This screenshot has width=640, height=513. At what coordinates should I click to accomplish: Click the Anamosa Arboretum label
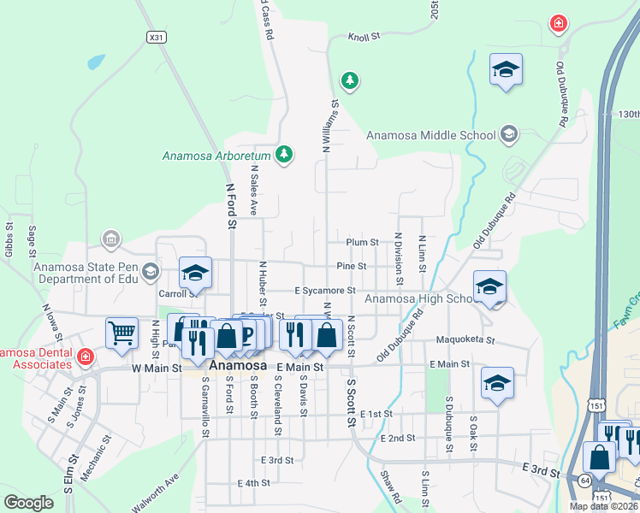click(x=217, y=156)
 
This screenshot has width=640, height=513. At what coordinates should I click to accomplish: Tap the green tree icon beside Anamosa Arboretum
click(x=285, y=155)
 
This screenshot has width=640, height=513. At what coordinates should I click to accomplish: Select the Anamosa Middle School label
click(x=430, y=134)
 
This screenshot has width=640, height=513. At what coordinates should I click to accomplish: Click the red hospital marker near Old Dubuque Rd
click(x=558, y=24)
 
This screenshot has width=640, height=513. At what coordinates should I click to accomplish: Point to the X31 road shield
click(x=156, y=38)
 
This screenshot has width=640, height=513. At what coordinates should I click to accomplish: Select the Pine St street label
click(x=351, y=266)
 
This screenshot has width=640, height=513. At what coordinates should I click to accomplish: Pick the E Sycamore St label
click(x=324, y=291)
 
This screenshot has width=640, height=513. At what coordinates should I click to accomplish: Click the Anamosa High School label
click(x=417, y=298)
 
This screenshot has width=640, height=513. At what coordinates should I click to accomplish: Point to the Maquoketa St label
click(x=465, y=339)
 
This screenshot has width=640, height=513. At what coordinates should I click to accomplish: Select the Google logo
click(x=28, y=502)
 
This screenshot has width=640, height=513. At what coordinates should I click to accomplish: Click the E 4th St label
click(x=253, y=483)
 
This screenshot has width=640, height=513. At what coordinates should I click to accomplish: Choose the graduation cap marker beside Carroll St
click(x=195, y=274)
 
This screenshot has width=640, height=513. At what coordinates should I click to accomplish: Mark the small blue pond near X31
click(x=96, y=62)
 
